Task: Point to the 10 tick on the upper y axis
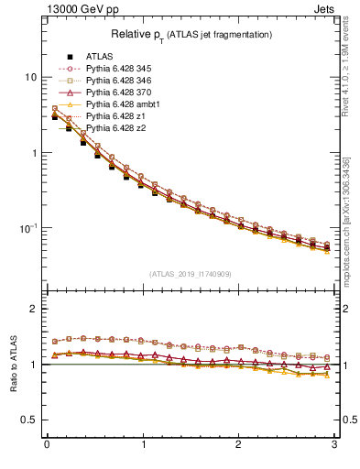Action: (x=30, y=77)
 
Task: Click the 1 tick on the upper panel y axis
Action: (x=33, y=153)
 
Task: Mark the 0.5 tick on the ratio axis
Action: (x=27, y=420)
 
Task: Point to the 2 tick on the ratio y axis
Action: (x=33, y=309)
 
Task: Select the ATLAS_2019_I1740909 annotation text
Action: (x=191, y=274)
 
